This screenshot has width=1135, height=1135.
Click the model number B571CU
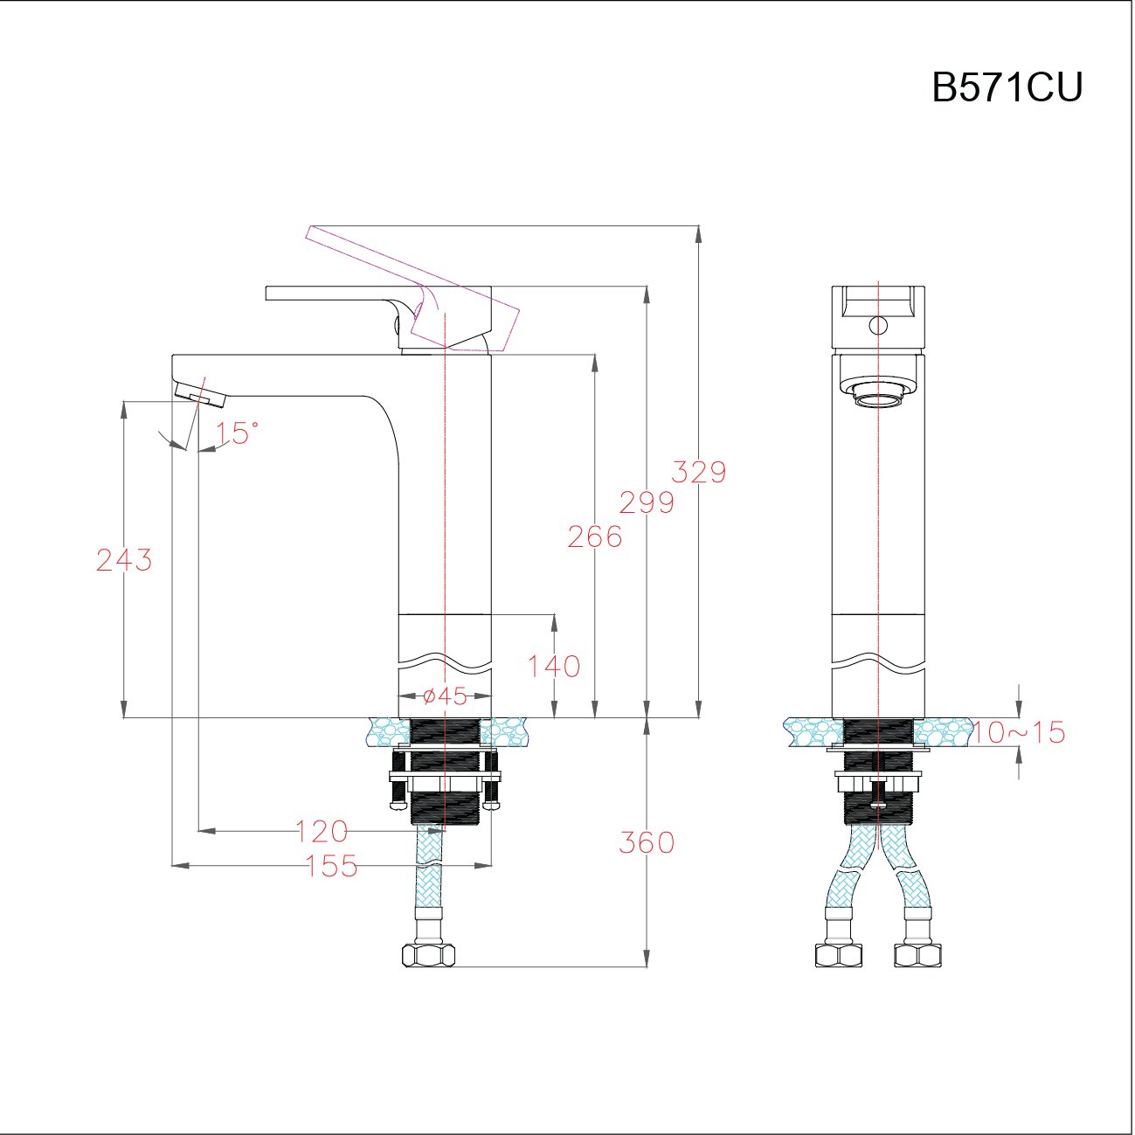(x=1007, y=87)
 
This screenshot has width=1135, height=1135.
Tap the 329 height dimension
(x=698, y=472)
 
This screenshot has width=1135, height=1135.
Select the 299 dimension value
(x=647, y=502)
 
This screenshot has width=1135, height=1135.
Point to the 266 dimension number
(x=595, y=536)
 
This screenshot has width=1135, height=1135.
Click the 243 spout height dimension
(x=124, y=559)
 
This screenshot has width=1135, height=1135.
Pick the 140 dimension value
(x=554, y=667)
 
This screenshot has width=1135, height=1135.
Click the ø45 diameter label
(x=444, y=696)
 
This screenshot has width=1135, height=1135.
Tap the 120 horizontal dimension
(x=322, y=831)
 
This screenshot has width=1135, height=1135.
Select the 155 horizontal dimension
(x=332, y=866)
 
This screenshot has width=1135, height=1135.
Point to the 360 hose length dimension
(x=647, y=842)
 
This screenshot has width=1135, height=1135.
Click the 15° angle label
(x=238, y=433)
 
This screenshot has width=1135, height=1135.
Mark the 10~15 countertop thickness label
(x=1019, y=732)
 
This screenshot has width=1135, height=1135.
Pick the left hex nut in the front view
(x=838, y=955)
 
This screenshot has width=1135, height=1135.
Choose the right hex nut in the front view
(x=918, y=955)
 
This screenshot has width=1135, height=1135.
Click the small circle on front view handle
(x=877, y=326)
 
